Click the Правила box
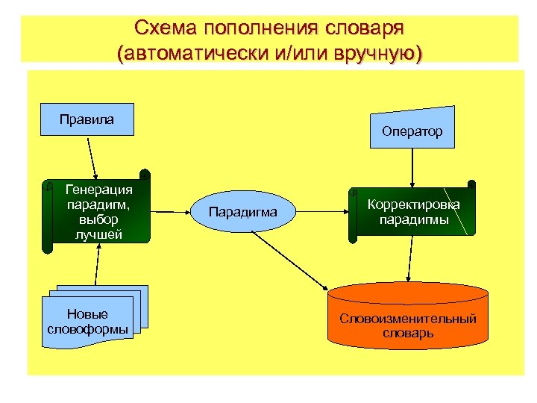(x=87, y=119)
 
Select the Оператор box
(x=412, y=131)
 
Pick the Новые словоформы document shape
(x=88, y=321)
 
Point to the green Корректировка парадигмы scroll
(x=412, y=213)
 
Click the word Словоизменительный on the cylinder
(x=408, y=319)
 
